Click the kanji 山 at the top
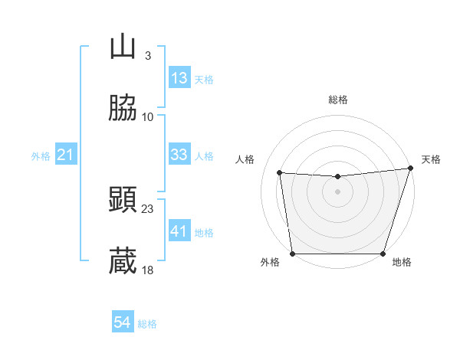pos(123,47)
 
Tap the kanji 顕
pos(123,201)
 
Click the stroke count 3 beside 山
pos(148,56)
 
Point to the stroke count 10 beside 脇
pos(148,117)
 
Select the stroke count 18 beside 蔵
pos(148,270)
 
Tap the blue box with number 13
pos(179,78)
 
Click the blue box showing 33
pos(179,155)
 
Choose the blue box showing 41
pos(179,231)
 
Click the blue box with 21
pos(66,155)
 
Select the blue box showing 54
pos(123,323)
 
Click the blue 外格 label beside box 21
pos(41,156)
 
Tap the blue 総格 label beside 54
pos(147,324)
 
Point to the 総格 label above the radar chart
pos(338,100)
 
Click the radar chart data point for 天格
pos(409,169)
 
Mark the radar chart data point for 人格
pos(280,173)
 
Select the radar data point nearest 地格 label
pos(383,254)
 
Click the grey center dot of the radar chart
pos(338,191)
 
